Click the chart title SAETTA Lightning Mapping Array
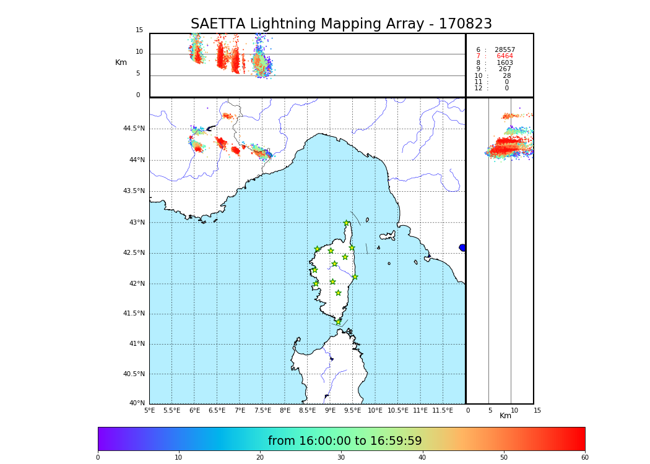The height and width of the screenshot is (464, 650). [341, 24]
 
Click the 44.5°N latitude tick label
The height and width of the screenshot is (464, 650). [134, 129]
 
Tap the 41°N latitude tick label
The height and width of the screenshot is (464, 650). [136, 344]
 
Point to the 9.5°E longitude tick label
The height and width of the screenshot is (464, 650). [353, 410]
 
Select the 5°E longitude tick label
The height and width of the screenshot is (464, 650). [150, 410]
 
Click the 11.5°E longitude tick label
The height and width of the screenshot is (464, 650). [442, 410]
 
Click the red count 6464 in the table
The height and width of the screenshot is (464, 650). [505, 56]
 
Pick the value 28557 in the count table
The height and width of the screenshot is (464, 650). [505, 50]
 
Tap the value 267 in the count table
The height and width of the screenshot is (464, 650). [505, 69]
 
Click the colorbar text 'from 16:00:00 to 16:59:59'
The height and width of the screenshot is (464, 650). [345, 441]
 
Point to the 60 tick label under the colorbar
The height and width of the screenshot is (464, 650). [584, 458]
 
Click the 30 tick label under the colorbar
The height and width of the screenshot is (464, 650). [341, 458]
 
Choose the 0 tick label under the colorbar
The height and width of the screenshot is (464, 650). [98, 458]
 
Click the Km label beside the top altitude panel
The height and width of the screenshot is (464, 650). [121, 62]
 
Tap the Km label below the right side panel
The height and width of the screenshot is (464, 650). [505, 416]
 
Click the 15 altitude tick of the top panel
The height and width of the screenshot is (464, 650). [139, 30]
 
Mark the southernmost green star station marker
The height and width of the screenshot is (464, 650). [338, 322]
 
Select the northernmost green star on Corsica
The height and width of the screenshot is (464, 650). [346, 223]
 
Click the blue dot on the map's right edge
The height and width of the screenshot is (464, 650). [462, 247]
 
